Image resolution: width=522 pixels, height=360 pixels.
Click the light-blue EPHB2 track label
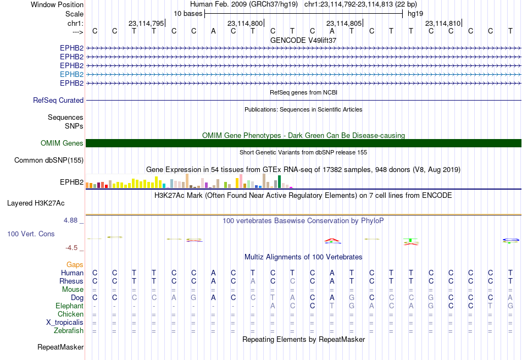point(71,74)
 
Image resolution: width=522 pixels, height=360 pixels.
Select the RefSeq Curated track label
point(58,100)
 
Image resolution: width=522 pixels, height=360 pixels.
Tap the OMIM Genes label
point(62,143)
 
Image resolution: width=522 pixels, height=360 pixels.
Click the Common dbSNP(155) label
point(49,160)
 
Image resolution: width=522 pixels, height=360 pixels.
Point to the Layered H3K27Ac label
point(36,203)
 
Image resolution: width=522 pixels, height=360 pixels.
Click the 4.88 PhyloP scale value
point(70,220)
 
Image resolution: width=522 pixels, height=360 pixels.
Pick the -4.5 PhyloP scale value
point(71,247)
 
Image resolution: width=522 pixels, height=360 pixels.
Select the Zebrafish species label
point(69,331)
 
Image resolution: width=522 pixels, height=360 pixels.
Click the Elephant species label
point(70,306)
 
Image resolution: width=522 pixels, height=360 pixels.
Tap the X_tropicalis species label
point(65,323)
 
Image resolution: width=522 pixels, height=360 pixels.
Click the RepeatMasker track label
point(60,347)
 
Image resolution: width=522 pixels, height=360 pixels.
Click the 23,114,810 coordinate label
point(443,23)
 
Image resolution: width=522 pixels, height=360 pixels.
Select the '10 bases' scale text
point(188,14)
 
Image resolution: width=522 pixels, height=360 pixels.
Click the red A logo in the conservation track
point(332,240)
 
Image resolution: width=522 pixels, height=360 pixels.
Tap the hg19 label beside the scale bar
point(415,14)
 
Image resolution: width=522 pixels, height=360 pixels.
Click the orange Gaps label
point(75,264)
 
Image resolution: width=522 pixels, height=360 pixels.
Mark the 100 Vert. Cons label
point(31,234)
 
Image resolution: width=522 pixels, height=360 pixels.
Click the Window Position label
point(57,4)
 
